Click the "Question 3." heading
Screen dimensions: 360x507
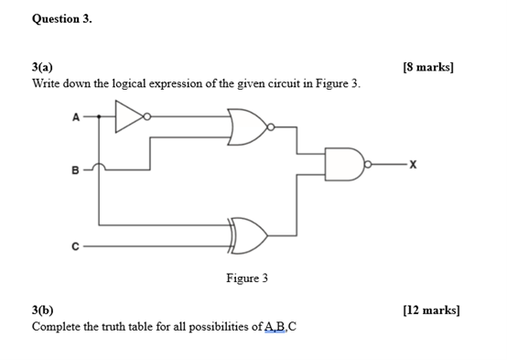(62, 18)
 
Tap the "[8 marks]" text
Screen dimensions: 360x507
(427, 68)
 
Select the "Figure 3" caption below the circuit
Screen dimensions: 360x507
(248, 278)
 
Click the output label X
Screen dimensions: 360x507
(414, 165)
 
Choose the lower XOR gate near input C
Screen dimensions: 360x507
(250, 236)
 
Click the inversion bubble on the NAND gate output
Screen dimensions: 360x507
(369, 165)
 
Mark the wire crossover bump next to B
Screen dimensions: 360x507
(101, 167)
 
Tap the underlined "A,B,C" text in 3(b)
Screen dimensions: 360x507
(280, 326)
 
